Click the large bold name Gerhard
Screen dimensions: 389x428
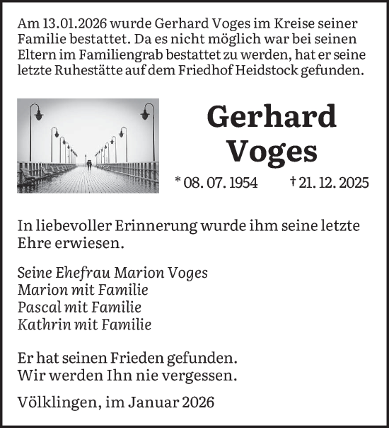coord(271,117)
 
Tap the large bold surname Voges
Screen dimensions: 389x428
coord(272,150)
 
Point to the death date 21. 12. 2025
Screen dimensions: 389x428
coord(335,183)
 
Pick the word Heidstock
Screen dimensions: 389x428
coord(325,70)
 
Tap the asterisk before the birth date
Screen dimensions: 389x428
coord(178,181)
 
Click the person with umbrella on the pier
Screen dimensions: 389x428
coord(88,164)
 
